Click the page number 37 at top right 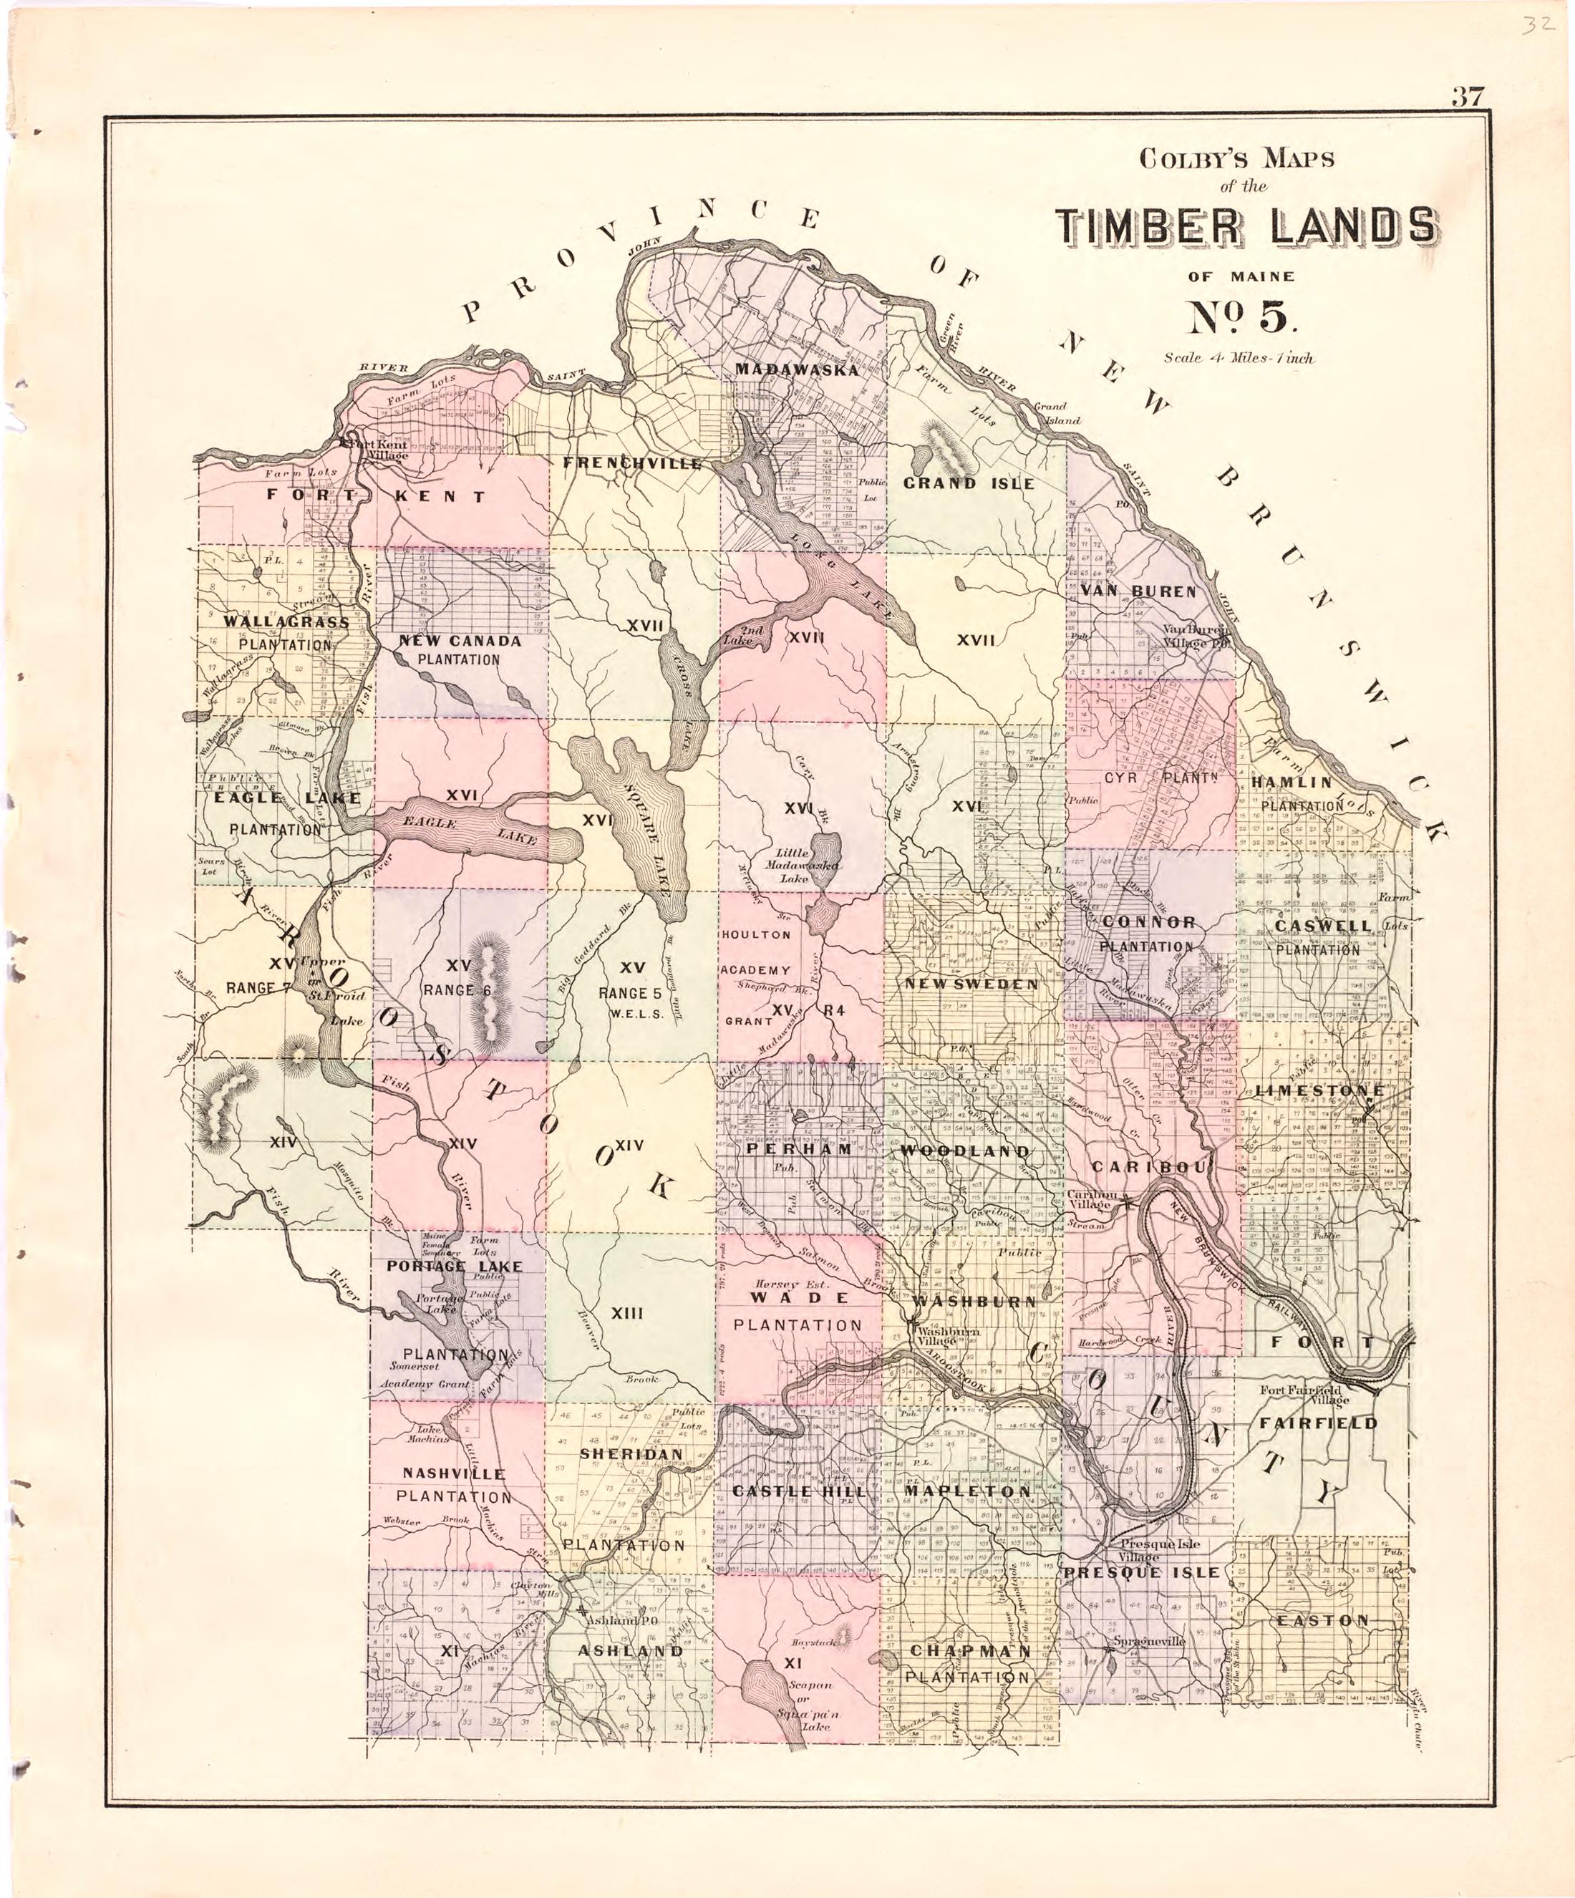(x=1469, y=97)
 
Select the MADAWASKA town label (x=796, y=369)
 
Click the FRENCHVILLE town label (x=631, y=464)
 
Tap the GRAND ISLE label (x=969, y=483)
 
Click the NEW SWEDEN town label (x=971, y=984)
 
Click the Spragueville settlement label (x=1148, y=1641)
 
